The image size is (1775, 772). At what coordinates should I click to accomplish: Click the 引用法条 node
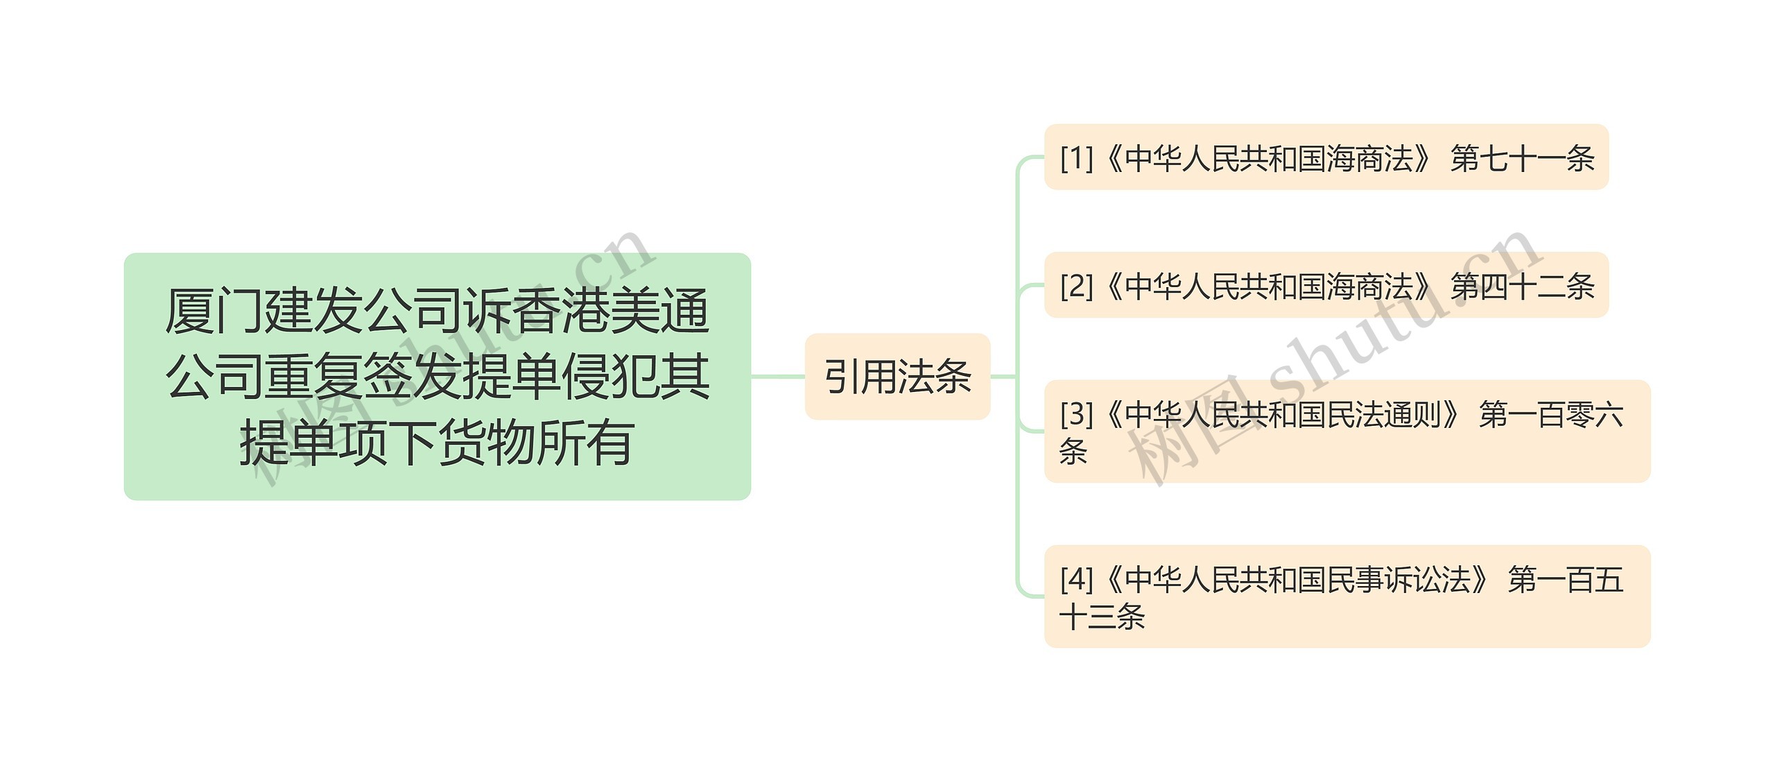coord(897,377)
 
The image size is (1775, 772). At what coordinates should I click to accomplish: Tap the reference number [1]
coord(1076,158)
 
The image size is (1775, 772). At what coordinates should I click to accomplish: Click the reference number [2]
coord(1076,286)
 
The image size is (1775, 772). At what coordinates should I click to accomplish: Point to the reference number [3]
coord(1076,414)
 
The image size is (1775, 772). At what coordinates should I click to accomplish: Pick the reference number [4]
coord(1076,579)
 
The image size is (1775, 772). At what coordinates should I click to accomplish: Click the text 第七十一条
coord(1523,158)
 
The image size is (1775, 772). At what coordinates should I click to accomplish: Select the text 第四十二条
coord(1523,286)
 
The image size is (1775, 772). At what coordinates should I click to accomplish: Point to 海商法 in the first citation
coord(1370,158)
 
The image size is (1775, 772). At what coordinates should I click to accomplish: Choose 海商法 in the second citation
coord(1370,286)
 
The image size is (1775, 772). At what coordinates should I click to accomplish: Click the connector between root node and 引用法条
coord(777,377)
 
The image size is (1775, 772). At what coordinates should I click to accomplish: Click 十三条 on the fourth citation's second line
coord(1102,617)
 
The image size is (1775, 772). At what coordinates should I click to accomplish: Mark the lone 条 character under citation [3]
coord(1073,452)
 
